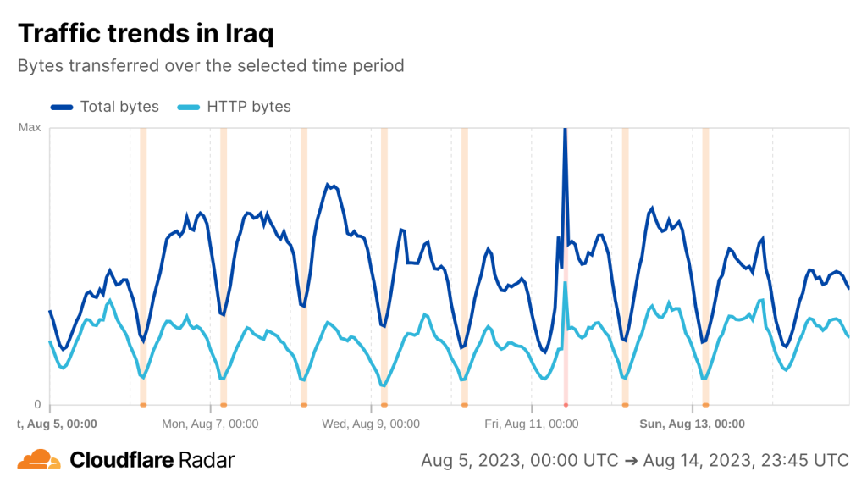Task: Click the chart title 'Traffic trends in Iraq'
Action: pos(146,34)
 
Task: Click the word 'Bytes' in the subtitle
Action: pos(39,65)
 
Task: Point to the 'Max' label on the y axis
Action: pos(30,128)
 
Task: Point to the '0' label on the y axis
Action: pos(37,404)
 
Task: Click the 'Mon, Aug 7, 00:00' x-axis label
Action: pos(210,424)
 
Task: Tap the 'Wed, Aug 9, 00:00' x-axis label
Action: pos(371,424)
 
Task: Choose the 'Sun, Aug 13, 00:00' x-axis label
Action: pos(692,424)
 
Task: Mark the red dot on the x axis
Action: pos(565,406)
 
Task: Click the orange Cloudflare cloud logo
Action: pos(39,460)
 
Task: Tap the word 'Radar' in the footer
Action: pos(207,460)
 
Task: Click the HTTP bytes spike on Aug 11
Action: pos(565,284)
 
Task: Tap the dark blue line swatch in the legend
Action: pos(62,107)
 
